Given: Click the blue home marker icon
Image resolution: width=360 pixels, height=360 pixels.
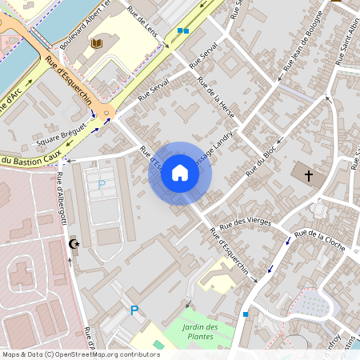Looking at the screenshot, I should tap(180, 173).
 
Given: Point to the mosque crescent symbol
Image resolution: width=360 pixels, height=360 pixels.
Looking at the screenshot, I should tap(75, 243).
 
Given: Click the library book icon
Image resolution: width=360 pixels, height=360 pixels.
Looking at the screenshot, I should tap(97, 42).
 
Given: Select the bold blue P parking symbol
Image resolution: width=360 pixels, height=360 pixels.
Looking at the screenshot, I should tap(134, 310).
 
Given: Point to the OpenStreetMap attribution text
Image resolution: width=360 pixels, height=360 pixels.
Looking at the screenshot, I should tap(81, 354).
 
